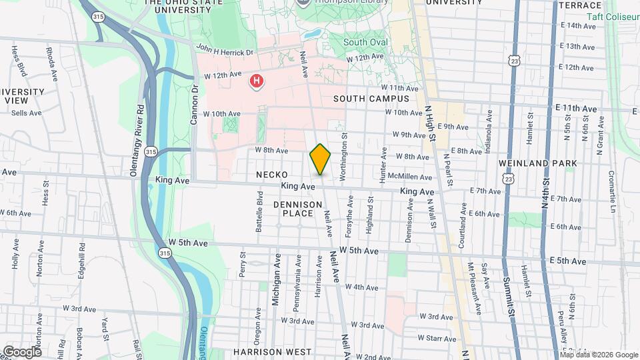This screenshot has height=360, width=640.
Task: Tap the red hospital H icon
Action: point(256,82)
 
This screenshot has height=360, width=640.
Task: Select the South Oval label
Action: point(365,43)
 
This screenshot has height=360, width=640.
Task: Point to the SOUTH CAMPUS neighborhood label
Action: point(371,99)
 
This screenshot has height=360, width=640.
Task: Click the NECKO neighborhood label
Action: point(271,175)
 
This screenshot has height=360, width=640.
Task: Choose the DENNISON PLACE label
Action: point(293,208)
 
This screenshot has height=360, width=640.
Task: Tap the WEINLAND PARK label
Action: point(531,163)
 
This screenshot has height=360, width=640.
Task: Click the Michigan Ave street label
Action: point(275,279)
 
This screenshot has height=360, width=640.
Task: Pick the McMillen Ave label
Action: point(415,177)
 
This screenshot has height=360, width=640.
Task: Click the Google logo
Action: point(22,351)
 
